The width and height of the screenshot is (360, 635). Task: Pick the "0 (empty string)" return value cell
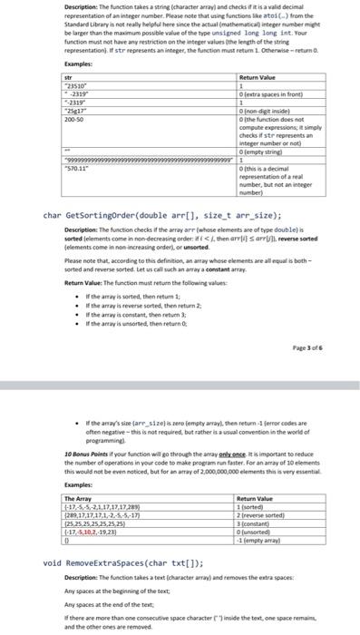(258, 151)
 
